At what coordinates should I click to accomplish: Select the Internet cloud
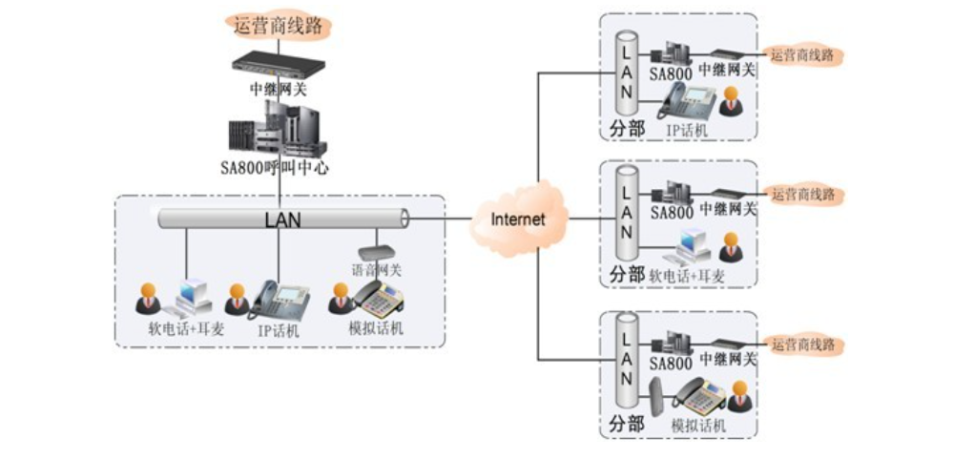(x=518, y=219)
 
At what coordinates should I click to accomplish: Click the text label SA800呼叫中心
(x=277, y=168)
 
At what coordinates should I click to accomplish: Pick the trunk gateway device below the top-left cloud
(x=278, y=65)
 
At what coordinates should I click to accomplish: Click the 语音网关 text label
(x=376, y=270)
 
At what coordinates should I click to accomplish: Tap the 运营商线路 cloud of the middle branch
(x=807, y=195)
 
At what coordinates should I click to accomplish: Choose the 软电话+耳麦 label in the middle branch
(x=687, y=275)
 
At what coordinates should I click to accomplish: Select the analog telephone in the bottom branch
(x=699, y=395)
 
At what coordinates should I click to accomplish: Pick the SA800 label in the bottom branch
(x=671, y=364)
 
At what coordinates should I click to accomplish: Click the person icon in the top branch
(x=731, y=99)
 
